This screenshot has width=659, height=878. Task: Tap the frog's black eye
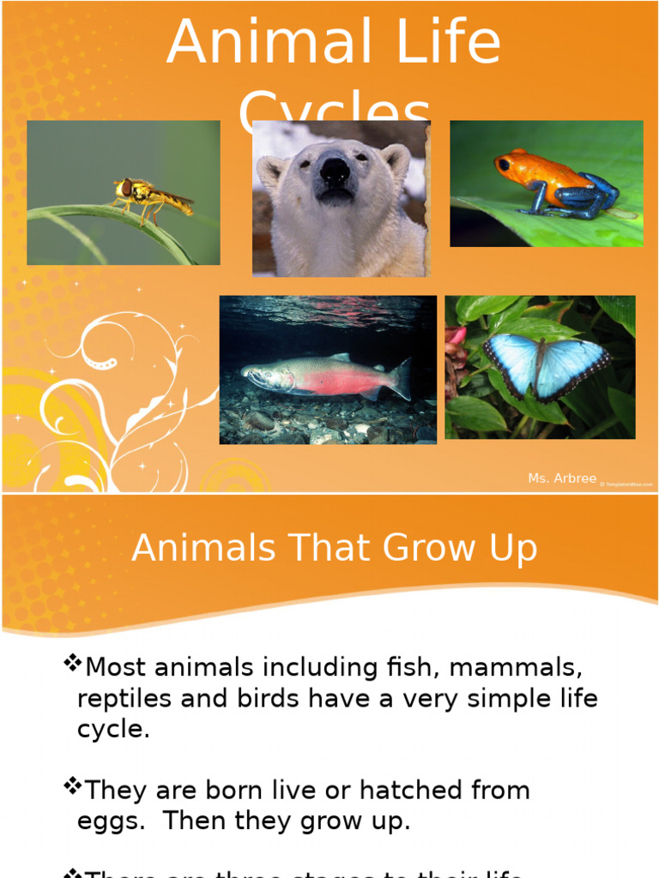tap(505, 163)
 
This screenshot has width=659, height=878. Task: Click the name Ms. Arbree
tap(562, 478)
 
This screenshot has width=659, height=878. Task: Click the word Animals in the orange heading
tap(192, 548)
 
